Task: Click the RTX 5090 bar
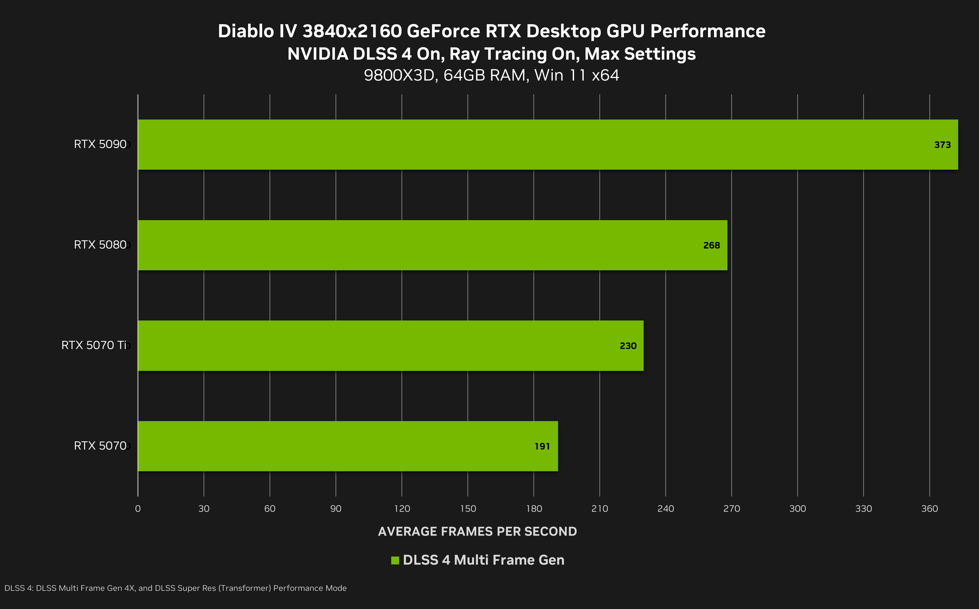[x=548, y=145]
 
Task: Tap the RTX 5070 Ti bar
[x=391, y=346]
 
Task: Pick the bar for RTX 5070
[x=348, y=446]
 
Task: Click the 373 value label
[x=942, y=145]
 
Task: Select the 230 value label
[x=628, y=346]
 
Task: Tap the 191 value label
[x=542, y=446]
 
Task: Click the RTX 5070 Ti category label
[x=94, y=345]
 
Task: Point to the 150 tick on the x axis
[x=468, y=509]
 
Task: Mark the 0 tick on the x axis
[x=138, y=509]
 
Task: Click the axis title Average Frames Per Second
[x=477, y=532]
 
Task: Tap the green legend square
[x=395, y=560]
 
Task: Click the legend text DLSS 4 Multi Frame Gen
[x=483, y=560]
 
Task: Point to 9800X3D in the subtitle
[x=401, y=75]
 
